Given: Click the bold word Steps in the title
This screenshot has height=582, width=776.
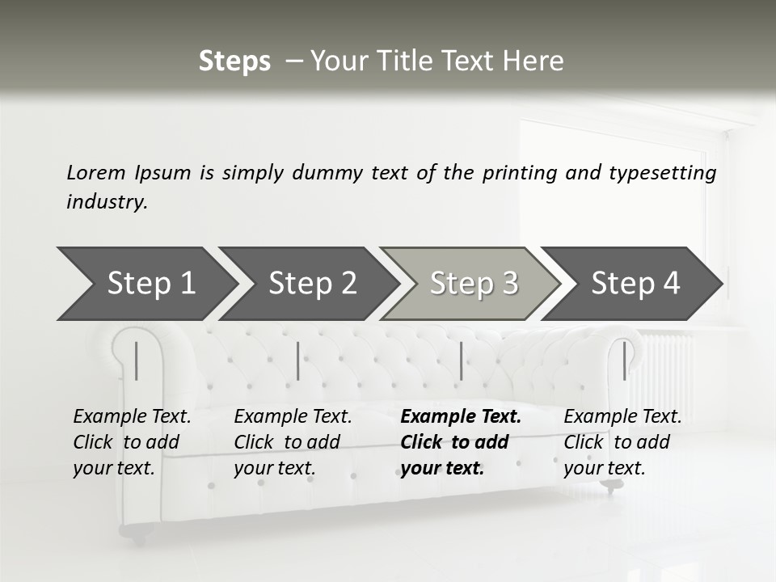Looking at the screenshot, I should tap(234, 61).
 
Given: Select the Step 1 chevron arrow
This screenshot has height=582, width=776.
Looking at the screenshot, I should tap(145, 284).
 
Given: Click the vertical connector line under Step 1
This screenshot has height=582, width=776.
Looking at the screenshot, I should tap(137, 361).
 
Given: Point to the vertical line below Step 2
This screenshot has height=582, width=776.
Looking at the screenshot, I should tap(298, 361).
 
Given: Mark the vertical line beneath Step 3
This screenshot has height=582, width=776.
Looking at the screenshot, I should tap(461, 361).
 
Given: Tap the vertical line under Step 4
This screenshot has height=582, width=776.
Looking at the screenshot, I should tap(624, 361).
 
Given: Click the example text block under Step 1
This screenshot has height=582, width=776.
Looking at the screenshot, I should tap(132, 442).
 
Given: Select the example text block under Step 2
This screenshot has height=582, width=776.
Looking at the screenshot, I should tap(293, 442).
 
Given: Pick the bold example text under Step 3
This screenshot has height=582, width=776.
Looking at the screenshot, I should tap(461, 442).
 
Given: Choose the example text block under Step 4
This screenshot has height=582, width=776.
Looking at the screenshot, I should tap(622, 442).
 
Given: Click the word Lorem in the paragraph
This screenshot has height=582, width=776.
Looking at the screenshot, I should tap(96, 172).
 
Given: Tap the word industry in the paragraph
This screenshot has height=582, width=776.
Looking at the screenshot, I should tap(107, 202).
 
